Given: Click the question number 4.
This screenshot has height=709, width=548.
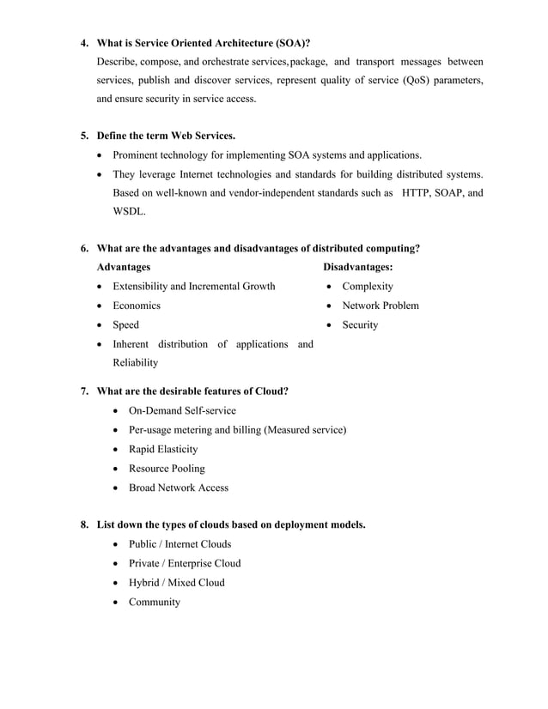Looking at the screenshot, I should click(84, 42).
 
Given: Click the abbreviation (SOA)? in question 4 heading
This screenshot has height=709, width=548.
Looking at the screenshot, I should click(286, 42).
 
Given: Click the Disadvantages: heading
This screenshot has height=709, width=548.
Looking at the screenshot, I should click(358, 268).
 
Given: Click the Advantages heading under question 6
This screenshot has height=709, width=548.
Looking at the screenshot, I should click(124, 268).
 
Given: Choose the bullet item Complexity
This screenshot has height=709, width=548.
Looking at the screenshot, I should click(367, 287).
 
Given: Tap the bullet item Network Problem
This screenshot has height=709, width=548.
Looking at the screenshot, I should click(380, 306).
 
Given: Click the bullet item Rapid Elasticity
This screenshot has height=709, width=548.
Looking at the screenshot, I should click(162, 449).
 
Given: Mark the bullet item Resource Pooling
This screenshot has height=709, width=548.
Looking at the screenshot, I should click(167, 469).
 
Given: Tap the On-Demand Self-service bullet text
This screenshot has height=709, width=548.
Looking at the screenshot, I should click(182, 411).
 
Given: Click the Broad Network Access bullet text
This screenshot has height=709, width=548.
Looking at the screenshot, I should click(178, 488).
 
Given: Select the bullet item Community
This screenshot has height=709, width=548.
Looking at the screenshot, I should click(155, 602).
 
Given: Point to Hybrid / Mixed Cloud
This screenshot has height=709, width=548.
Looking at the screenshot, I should click(176, 583).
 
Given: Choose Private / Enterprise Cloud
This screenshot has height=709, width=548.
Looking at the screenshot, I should click(185, 563).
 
